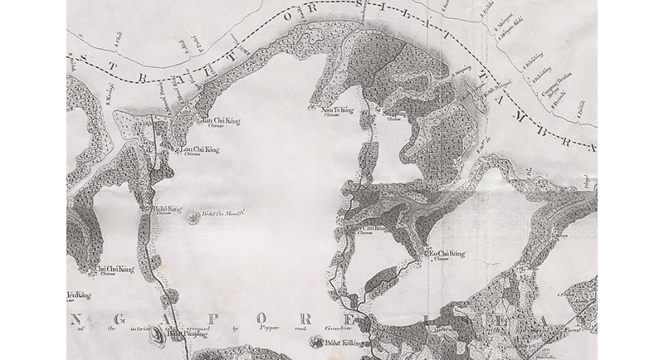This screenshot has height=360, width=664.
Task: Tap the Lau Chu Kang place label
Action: coord(200,149)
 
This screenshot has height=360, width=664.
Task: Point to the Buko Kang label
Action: coord(168,210)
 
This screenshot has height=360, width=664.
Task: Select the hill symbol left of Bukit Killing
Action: coord(315,342)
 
